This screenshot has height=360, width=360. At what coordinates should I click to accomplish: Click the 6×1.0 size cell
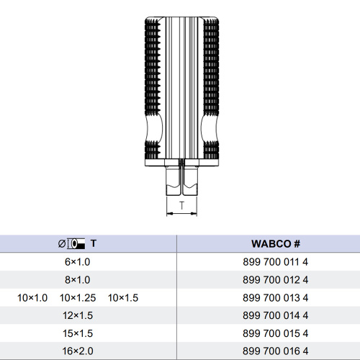click(77, 262)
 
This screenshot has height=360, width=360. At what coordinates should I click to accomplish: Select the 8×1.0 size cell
click(77, 280)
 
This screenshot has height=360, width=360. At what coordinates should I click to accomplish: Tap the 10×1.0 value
click(32, 298)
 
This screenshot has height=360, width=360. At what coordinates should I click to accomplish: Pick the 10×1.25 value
click(78, 298)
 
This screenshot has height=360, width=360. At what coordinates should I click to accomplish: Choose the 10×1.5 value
click(123, 298)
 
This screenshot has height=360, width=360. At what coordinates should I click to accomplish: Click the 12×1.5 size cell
click(78, 315)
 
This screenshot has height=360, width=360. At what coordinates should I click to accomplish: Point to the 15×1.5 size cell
click(78, 333)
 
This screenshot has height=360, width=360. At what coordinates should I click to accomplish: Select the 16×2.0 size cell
click(78, 351)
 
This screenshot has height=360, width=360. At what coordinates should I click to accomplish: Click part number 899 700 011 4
click(275, 262)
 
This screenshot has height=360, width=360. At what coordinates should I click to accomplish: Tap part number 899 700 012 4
click(275, 280)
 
